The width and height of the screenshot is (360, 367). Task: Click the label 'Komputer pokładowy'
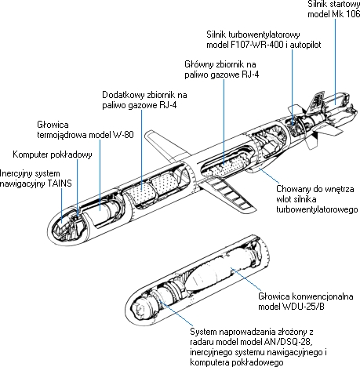click(x=53, y=154)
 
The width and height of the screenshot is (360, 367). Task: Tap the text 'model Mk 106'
click(x=334, y=14)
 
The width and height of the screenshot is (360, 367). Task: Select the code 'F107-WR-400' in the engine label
click(x=256, y=45)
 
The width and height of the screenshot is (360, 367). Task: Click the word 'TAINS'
click(x=60, y=183)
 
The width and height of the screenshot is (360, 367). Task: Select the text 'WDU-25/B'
click(x=304, y=307)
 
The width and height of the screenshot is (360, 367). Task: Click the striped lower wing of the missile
click(x=228, y=194)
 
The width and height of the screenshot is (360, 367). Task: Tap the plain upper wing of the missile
click(x=167, y=144)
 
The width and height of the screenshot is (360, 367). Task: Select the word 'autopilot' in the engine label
click(x=305, y=45)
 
